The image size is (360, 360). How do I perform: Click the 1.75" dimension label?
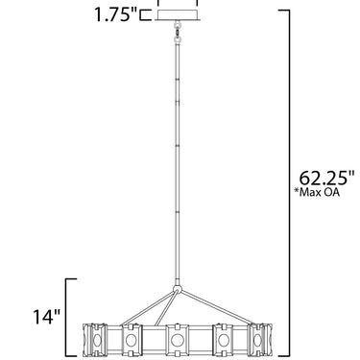[x=115, y=14]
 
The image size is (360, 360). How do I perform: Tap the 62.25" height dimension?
[x=326, y=178]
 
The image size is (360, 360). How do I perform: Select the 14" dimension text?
[x=47, y=317]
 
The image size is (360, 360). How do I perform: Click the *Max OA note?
[x=317, y=192]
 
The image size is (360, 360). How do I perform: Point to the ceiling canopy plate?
[x=178, y=15]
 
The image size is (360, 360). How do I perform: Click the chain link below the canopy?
[x=177, y=32]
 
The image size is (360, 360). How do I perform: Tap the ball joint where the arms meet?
[x=178, y=289]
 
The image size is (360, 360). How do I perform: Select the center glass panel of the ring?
[x=176, y=339]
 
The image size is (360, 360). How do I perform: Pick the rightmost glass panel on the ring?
[x=260, y=339]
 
